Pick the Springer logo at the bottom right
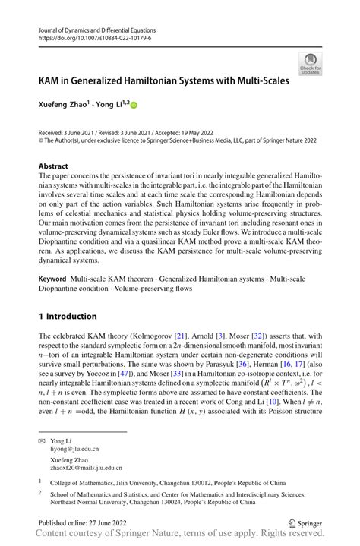coord(305,524)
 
